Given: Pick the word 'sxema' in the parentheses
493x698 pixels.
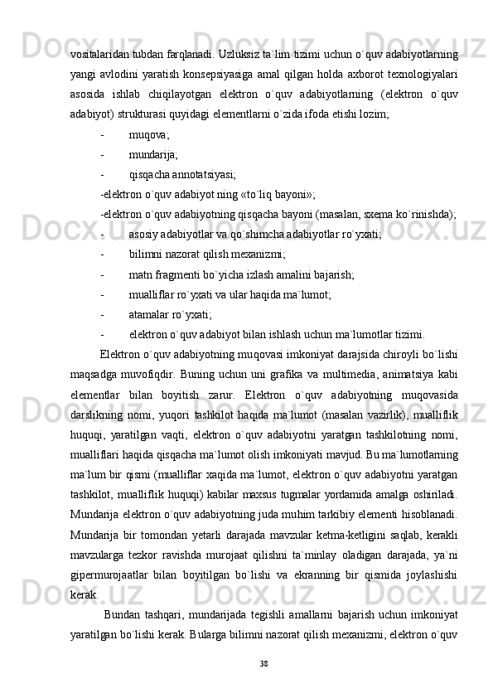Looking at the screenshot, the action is click(359, 214).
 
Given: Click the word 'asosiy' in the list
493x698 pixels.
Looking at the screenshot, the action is click(145, 235).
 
